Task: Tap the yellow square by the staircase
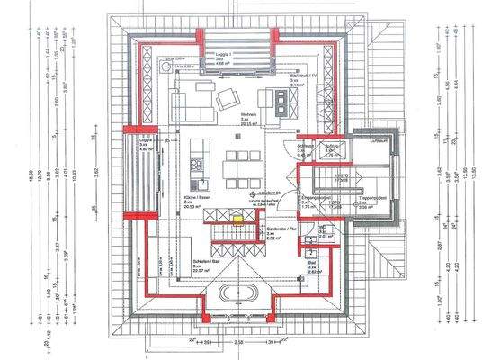tap(237, 216)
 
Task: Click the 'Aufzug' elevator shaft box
tap(329, 151)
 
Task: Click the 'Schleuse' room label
tap(303, 150)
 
